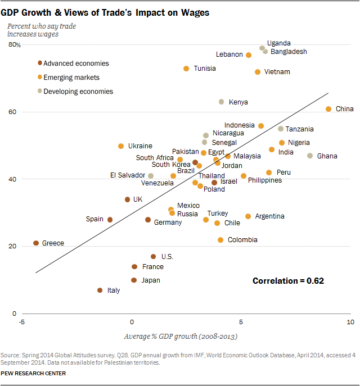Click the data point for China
click(328, 109)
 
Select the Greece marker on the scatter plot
click(36, 243)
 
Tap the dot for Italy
click(100, 290)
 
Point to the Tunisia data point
click(186, 69)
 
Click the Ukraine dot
click(121, 146)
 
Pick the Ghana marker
click(310, 156)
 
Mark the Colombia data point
click(220, 240)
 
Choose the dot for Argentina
click(248, 216)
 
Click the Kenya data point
click(222, 102)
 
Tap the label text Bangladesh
click(289, 52)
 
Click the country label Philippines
click(265, 180)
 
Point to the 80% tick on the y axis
click(14, 45)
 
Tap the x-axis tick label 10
click(350, 322)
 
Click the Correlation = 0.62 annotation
click(289, 280)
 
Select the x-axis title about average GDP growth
click(180, 337)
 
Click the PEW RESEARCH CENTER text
click(33, 373)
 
